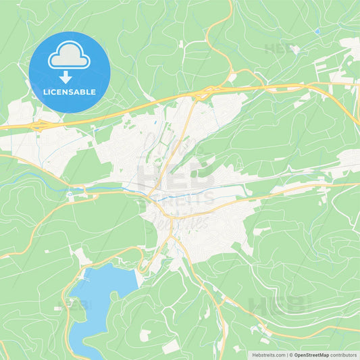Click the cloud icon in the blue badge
pos(70,56)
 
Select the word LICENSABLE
pos(70,91)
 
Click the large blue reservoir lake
pos(101,290)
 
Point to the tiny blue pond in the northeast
pos(317,30)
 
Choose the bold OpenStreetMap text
pos(313,355)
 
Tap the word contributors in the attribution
pos(344,355)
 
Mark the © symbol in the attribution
pos(292,355)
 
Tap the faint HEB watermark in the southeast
pos(278,305)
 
